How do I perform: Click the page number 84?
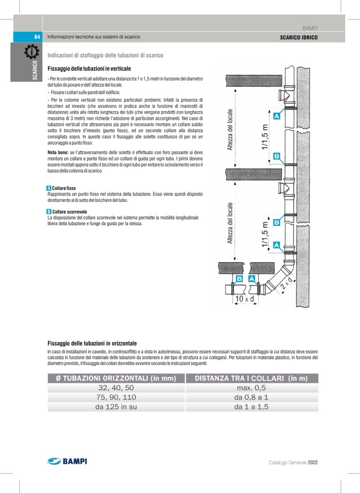click(x=36, y=37)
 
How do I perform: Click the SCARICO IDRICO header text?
click(x=298, y=37)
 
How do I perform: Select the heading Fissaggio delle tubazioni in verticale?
click(x=89, y=69)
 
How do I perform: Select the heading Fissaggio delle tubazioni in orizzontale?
click(x=92, y=343)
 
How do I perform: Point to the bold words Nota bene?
click(x=58, y=153)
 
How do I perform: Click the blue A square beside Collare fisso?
click(x=49, y=188)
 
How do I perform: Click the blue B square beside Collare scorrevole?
click(x=49, y=212)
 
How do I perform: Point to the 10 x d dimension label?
click(x=245, y=299)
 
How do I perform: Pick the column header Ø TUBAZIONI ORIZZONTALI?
click(x=116, y=378)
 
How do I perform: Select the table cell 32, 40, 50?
click(x=116, y=388)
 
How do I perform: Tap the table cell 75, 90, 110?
click(x=116, y=397)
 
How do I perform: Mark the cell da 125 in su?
click(x=116, y=407)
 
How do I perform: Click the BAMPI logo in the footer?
click(x=67, y=461)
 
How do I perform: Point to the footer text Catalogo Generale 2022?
click(x=293, y=462)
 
